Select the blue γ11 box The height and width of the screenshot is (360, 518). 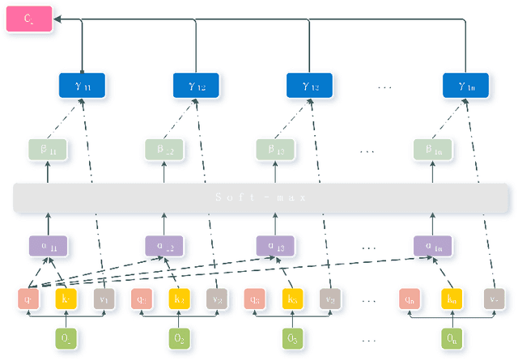pyautogui.click(x=82, y=85)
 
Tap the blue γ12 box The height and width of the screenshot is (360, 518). pyautogui.click(x=196, y=85)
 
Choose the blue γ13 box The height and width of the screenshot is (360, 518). pyautogui.click(x=310, y=85)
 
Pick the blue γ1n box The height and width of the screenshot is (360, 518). pyautogui.click(x=466, y=85)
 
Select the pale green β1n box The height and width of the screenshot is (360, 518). pyautogui.click(x=433, y=150)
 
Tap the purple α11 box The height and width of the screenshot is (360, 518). pyautogui.click(x=48, y=246)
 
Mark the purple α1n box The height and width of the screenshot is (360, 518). pyautogui.click(x=433, y=246)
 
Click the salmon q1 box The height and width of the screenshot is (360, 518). pyautogui.click(x=28, y=299)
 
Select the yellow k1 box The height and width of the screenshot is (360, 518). pyautogui.click(x=66, y=299)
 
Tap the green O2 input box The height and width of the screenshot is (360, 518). pyautogui.click(x=180, y=338)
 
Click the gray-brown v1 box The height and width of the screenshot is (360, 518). pyautogui.click(x=103, y=299)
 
